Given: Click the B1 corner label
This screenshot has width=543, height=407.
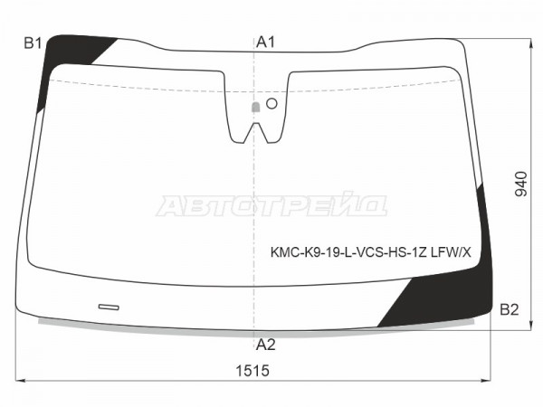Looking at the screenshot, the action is click(33, 43).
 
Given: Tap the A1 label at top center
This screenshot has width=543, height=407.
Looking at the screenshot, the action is click(265, 43).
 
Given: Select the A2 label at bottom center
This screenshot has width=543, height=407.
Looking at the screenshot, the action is click(265, 345).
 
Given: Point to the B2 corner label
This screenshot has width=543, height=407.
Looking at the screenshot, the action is click(509, 309).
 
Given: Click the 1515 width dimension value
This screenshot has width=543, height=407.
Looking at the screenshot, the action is click(252, 371).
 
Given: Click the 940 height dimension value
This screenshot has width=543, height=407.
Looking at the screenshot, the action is click(521, 184).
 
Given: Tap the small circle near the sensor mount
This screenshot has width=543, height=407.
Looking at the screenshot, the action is click(271, 103).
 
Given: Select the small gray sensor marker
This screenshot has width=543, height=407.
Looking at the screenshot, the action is click(255, 108).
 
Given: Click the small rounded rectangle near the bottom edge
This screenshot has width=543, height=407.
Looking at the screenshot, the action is click(109, 307).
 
